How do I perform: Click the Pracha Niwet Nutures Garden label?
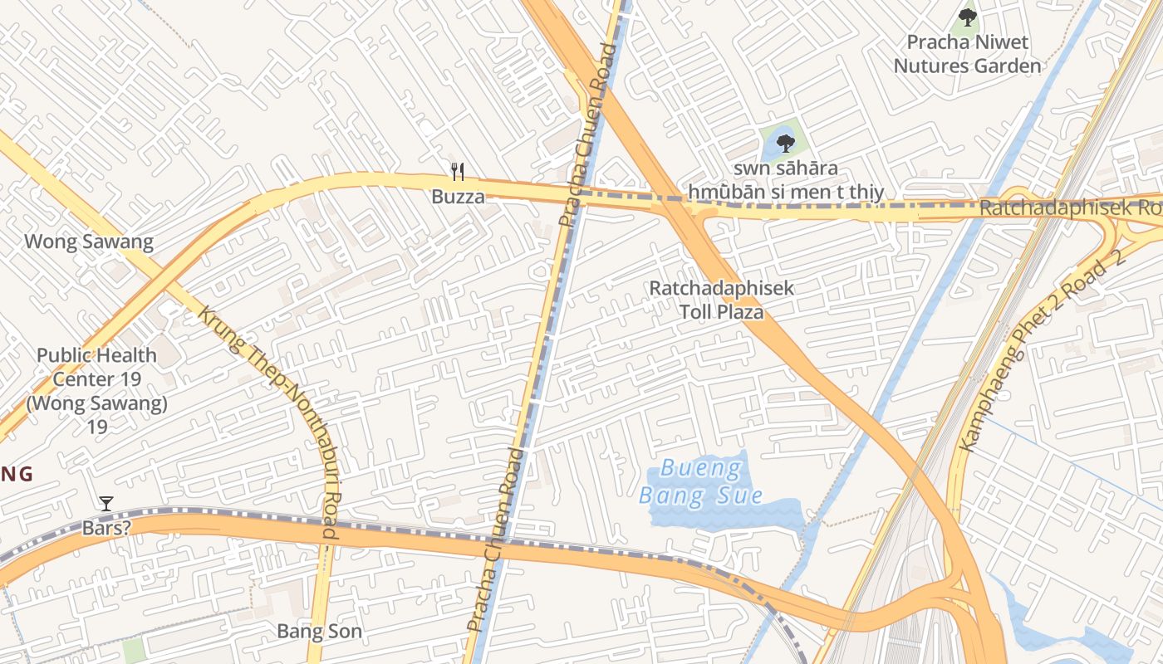pyautogui.click(x=967, y=54)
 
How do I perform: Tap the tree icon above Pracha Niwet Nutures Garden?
pyautogui.click(x=967, y=17)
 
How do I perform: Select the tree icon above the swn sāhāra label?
pyautogui.click(x=785, y=144)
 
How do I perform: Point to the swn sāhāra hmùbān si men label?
pyautogui.click(x=785, y=181)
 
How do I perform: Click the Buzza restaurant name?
pyautogui.click(x=457, y=198)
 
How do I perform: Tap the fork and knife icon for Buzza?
pyautogui.click(x=457, y=172)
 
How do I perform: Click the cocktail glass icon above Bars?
pyautogui.click(x=106, y=503)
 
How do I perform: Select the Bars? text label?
pyautogui.click(x=106, y=528)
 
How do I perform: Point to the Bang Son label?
pyautogui.click(x=319, y=632)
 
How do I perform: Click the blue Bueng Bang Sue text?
pyautogui.click(x=701, y=483)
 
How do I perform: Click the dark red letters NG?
pyautogui.click(x=16, y=475)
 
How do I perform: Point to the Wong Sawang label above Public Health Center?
pyautogui.click(x=89, y=242)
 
